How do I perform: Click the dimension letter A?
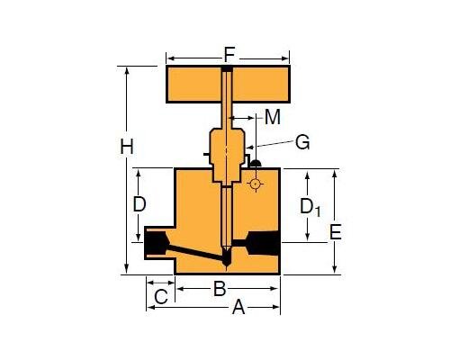point(238,307)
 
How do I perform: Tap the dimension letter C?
point(161,296)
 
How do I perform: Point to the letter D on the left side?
point(139,204)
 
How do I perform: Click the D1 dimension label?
point(310,206)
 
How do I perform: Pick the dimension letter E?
point(335,232)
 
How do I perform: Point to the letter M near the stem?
point(271,117)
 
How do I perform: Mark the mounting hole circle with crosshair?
point(256,184)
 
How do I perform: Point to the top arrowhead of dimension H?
point(128,70)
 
